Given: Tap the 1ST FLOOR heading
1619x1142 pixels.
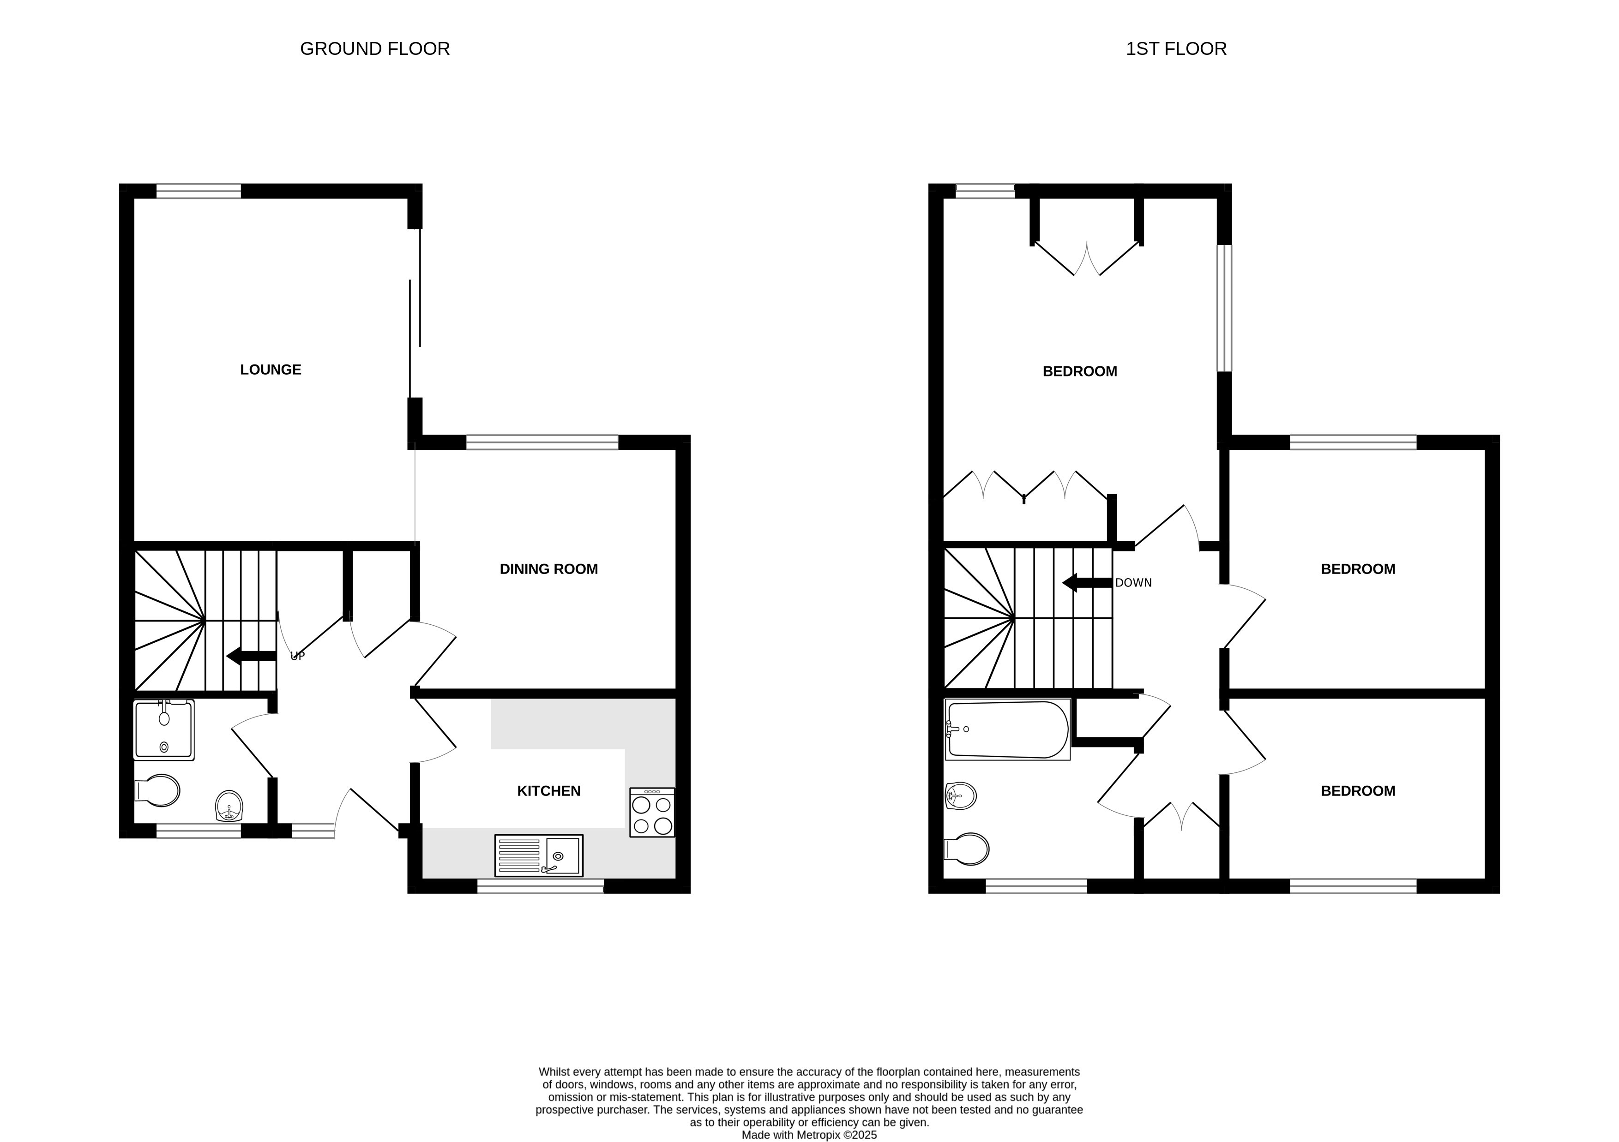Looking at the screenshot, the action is pos(1176,48).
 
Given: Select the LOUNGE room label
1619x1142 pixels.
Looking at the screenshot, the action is pos(271,370).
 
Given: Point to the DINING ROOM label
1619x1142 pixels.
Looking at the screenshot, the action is pos(548,569).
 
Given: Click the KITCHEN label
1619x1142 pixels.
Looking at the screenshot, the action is pos(548,791).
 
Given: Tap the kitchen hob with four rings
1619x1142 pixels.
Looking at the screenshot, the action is pos(652,812).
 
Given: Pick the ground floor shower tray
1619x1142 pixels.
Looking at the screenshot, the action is pos(163,729).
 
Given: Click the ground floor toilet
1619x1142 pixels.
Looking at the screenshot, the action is pos(157,791).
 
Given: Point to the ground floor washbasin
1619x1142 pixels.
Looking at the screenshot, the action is pos(229,807).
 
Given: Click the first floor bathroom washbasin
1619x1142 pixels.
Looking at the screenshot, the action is pos(960,796).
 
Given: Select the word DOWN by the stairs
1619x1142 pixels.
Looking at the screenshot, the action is pos(1133,583).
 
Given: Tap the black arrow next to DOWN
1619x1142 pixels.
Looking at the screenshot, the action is pos(1087,583).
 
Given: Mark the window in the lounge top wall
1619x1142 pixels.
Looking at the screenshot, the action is pos(198,191).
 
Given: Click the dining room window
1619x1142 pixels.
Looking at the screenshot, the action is pos(542,442).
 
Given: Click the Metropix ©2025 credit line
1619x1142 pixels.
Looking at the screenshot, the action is pos(810,1135).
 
